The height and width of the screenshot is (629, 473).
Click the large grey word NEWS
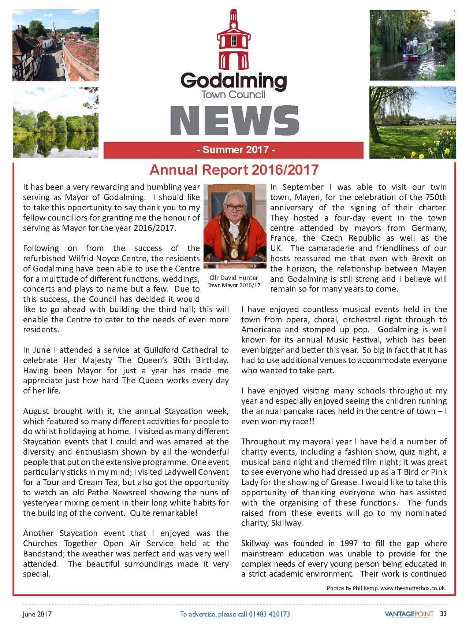pyautogui.click(x=235, y=120)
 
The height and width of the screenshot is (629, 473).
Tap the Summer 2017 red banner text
pyautogui.click(x=234, y=150)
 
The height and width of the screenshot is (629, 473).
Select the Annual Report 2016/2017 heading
pyautogui.click(x=234, y=170)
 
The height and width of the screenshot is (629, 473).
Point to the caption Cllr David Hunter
pyautogui.click(x=234, y=277)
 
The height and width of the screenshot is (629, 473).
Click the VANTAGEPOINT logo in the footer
pyautogui.click(x=409, y=614)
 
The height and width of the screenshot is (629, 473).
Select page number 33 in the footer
pyautogui.click(x=443, y=614)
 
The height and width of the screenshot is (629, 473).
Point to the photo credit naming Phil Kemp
pyautogui.click(x=386, y=588)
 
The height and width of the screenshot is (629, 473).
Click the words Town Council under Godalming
pyautogui.click(x=234, y=95)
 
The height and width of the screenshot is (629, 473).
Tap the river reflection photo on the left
pyautogui.click(x=56, y=122)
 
